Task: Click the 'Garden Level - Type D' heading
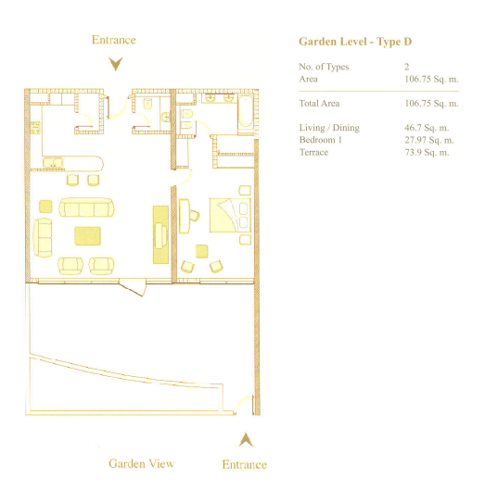click(x=355, y=42)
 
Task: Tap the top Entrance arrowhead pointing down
click(x=116, y=64)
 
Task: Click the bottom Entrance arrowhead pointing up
click(x=246, y=440)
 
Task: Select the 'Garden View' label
click(x=142, y=463)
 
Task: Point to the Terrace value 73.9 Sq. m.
click(x=427, y=153)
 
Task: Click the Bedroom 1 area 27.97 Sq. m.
click(x=429, y=140)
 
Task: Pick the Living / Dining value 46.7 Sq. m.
click(x=427, y=128)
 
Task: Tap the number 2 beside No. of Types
click(x=407, y=67)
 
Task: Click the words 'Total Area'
click(x=319, y=104)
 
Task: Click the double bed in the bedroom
click(x=230, y=215)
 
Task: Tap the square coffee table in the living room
click(x=87, y=236)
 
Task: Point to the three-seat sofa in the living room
click(x=86, y=207)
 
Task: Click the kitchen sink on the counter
click(x=53, y=163)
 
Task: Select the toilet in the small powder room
click(x=148, y=104)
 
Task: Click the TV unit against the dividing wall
click(x=160, y=234)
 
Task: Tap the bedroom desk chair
click(x=194, y=215)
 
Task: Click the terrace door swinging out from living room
click(x=133, y=287)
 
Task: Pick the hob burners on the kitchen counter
click(x=35, y=127)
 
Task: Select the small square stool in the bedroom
click(x=202, y=251)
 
